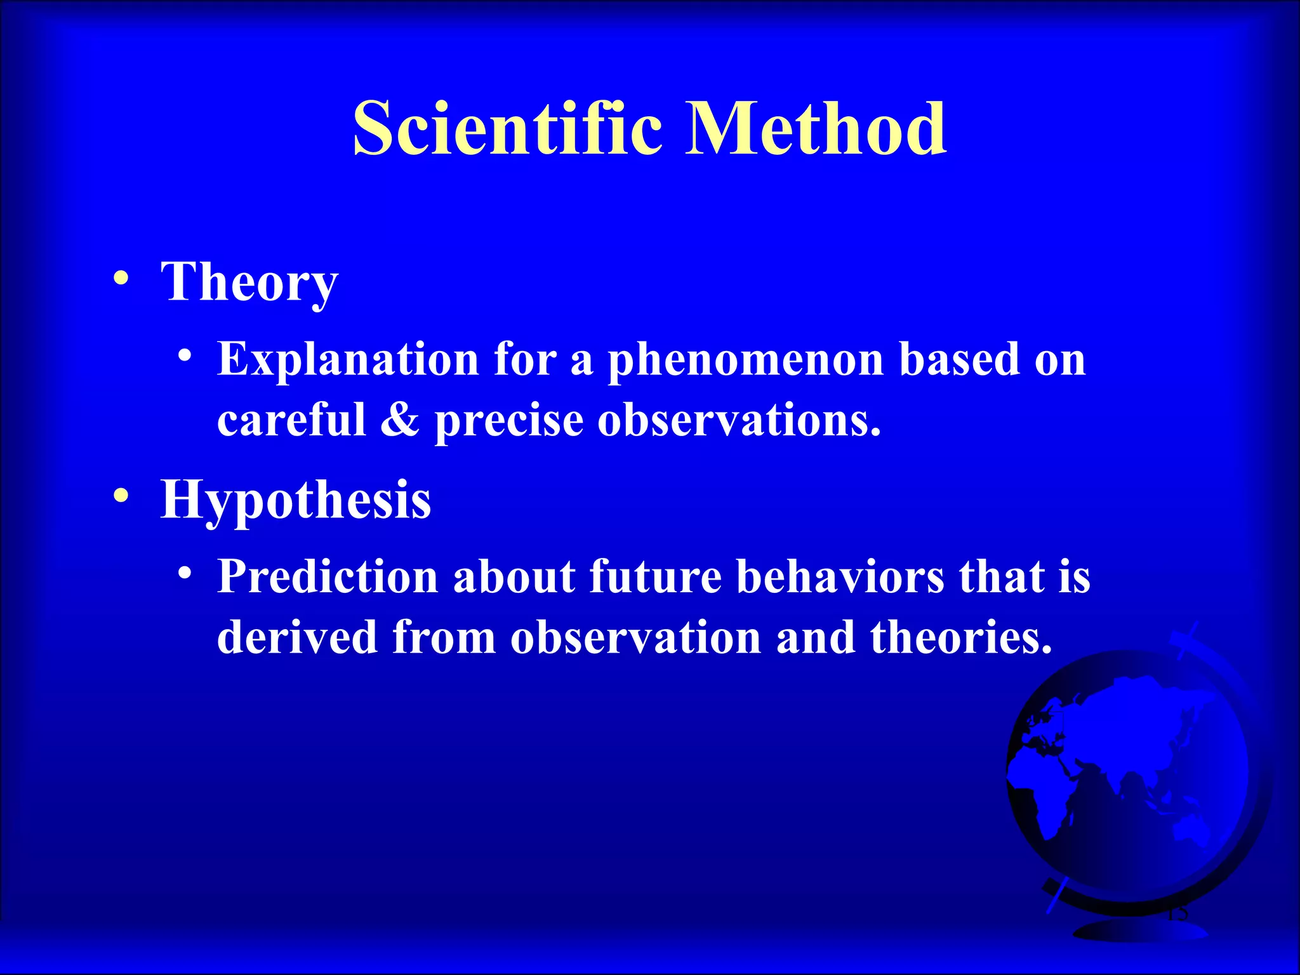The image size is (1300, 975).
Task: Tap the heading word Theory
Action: tap(249, 282)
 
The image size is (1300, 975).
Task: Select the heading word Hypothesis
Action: tap(296, 500)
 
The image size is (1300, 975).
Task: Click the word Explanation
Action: tap(348, 359)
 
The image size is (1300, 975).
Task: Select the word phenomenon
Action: tap(746, 361)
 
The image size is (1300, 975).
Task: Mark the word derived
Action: tap(297, 637)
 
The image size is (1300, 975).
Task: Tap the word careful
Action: tap(292, 420)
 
